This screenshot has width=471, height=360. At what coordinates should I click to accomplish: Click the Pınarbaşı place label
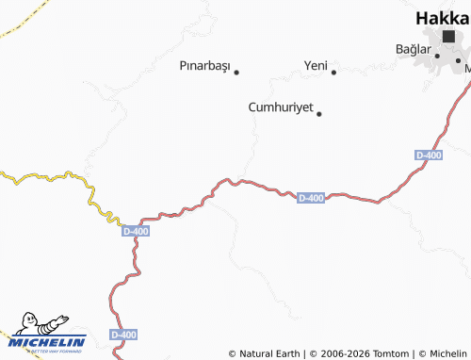(204, 67)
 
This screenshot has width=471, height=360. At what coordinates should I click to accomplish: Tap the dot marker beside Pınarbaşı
(236, 72)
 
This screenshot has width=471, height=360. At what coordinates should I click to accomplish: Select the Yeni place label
(315, 65)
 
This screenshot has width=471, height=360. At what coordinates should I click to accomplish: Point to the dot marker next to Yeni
(333, 72)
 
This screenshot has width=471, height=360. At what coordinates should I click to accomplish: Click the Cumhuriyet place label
(280, 107)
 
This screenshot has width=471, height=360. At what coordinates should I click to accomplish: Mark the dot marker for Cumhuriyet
(319, 114)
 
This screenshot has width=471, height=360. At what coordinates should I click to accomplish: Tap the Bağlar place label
(413, 49)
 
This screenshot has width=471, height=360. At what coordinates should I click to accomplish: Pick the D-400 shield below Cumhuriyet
(311, 198)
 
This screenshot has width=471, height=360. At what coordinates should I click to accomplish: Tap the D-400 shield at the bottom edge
(123, 335)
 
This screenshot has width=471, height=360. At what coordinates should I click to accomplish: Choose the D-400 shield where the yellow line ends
(136, 231)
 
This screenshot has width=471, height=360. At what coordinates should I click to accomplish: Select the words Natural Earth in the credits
(270, 353)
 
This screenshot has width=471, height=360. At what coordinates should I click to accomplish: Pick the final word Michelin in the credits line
(447, 353)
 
